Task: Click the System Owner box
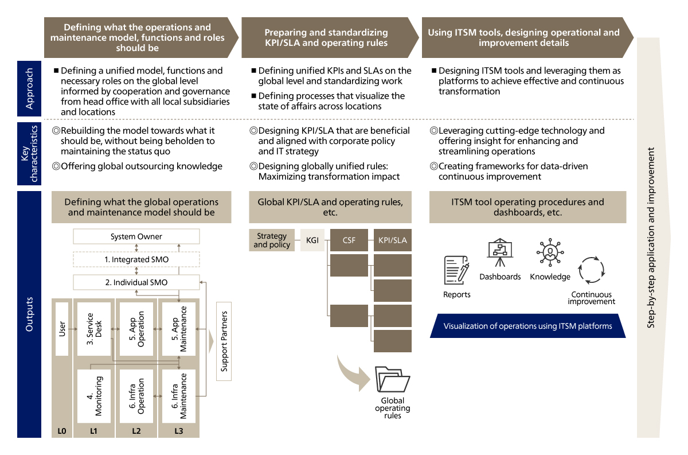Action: (136, 236)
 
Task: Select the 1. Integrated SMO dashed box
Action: (136, 259)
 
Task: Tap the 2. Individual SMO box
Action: (136, 282)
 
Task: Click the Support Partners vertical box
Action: (224, 341)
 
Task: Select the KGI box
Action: (312, 240)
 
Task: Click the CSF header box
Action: (349, 240)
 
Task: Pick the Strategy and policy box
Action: (272, 240)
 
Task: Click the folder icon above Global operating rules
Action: (392, 380)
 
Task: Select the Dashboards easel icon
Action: (500, 253)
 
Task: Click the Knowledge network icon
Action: (550, 254)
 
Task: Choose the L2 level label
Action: (136, 430)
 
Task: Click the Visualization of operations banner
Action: (527, 326)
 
